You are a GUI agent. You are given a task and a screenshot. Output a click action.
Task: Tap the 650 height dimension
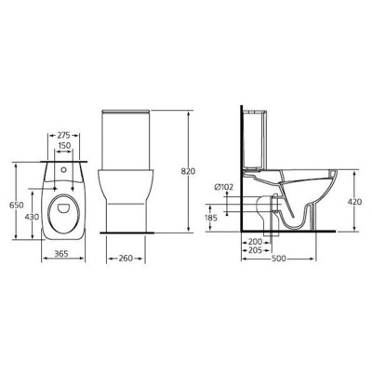click(x=14, y=206)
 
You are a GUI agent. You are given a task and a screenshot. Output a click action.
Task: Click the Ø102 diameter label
click(x=224, y=187)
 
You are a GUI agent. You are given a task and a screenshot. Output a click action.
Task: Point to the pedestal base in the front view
click(x=126, y=209)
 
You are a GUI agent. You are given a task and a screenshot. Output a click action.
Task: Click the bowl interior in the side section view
click(x=302, y=186)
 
